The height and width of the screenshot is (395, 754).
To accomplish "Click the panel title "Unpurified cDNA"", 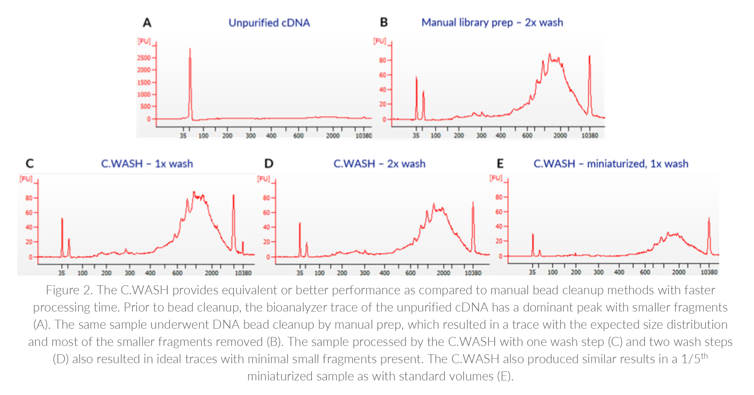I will pyautogui.click(x=269, y=23).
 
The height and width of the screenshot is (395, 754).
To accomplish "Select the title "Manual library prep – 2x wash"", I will pyautogui.click(x=492, y=22).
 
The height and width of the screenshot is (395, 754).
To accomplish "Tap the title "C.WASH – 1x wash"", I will pyautogui.click(x=147, y=164).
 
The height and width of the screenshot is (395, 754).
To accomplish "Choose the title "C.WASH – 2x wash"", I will pyautogui.click(x=379, y=164).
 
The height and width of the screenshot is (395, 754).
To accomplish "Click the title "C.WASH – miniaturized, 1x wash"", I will pyautogui.click(x=611, y=164).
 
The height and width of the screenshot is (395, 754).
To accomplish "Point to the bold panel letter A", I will pyautogui.click(x=147, y=23).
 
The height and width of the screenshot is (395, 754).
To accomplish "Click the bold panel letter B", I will pyautogui.click(x=384, y=22).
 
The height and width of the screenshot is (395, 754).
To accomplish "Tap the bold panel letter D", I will pyautogui.click(x=269, y=164).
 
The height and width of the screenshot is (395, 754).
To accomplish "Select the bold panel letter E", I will pyautogui.click(x=500, y=164).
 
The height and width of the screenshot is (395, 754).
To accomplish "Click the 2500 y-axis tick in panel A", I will pyautogui.click(x=144, y=58).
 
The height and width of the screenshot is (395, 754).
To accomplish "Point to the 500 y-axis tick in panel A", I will pyautogui.click(x=145, y=106).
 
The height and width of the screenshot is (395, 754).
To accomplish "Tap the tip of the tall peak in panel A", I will pyautogui.click(x=190, y=49).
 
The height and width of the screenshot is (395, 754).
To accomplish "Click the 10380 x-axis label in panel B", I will pyautogui.click(x=590, y=136).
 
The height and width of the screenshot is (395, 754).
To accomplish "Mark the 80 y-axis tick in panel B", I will pyautogui.click(x=382, y=60).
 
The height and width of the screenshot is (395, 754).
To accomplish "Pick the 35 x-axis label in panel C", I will pyautogui.click(x=62, y=273).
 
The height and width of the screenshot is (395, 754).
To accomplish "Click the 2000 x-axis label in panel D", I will pyautogui.click(x=443, y=273).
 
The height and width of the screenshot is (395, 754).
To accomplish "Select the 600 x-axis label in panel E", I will pyautogui.click(x=645, y=272).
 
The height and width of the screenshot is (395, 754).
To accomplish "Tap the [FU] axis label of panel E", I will pyautogui.click(x=496, y=178).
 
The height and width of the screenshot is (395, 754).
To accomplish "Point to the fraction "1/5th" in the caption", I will pyautogui.click(x=694, y=358).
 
